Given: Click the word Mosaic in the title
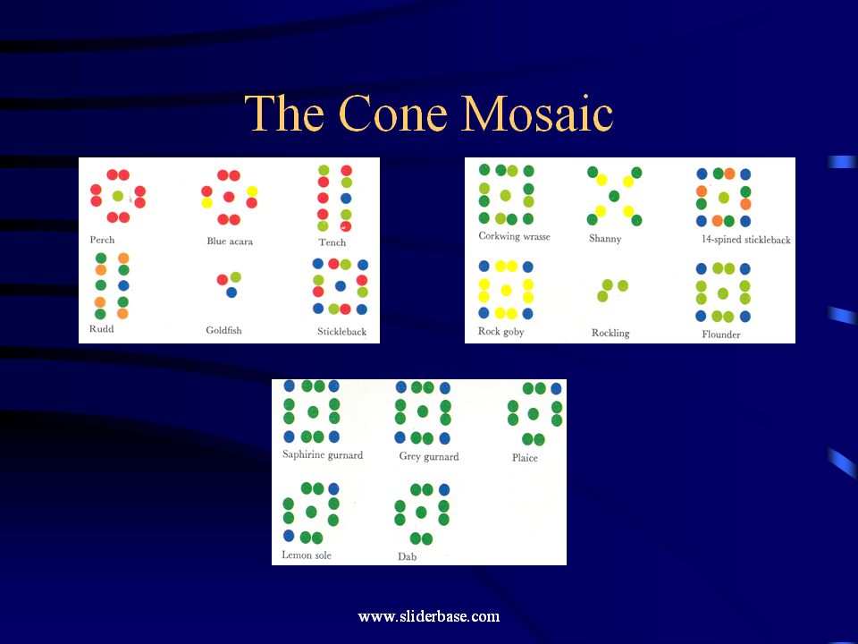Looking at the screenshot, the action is pos(537,114).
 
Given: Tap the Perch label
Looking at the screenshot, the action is pos(102,240).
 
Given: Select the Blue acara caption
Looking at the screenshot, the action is pos(230,241).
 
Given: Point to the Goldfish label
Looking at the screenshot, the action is pos(223,330).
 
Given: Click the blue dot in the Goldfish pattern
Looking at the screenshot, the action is pos(231,292).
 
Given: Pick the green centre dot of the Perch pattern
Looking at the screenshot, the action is pos(118,196).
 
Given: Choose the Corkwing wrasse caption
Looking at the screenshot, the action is pos(515,236).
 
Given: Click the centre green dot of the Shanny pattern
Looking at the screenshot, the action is pos(614,196).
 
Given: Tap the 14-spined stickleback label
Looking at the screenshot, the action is pos(746,240).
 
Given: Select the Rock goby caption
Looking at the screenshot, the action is pos(501,331).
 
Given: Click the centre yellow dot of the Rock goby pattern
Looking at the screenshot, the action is pos(506,290).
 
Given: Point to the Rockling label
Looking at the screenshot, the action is pos(610,333).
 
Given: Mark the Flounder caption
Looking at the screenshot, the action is pos(721,334).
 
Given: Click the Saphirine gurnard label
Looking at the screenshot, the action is pos(323,454).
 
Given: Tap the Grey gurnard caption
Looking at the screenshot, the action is pos(429,456).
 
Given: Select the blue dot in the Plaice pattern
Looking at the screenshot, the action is pos(556,389).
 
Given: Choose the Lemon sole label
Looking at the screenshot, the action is pos(307,555).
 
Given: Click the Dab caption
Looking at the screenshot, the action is pos(408,556).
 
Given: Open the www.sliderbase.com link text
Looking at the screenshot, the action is pos(429,616).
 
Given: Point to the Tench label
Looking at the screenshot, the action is pos(332,242).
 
